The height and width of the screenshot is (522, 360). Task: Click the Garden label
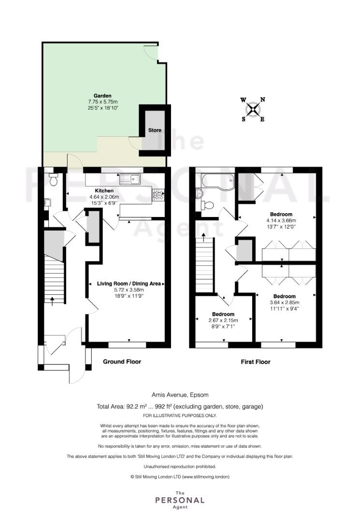[x=102, y=96]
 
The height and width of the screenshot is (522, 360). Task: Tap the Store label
[x=155, y=130]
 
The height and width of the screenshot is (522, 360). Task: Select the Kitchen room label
[x=104, y=191]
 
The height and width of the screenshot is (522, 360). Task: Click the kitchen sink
[x=131, y=179]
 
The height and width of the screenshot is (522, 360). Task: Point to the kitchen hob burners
[x=158, y=195]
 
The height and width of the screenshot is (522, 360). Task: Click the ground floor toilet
[x=53, y=179]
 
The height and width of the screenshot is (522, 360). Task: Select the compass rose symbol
[x=253, y=109]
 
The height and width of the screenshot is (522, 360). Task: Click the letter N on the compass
[x=262, y=100]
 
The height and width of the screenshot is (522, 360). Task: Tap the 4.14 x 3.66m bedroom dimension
[x=281, y=220]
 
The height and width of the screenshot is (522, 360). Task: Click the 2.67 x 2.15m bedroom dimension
[x=223, y=320]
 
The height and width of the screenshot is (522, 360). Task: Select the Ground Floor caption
[x=122, y=362]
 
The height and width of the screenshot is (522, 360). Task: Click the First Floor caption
[x=256, y=362]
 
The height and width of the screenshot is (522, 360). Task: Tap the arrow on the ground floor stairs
[x=52, y=301]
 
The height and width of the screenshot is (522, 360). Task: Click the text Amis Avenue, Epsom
[x=180, y=395]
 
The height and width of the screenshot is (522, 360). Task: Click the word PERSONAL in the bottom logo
[x=180, y=500]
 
